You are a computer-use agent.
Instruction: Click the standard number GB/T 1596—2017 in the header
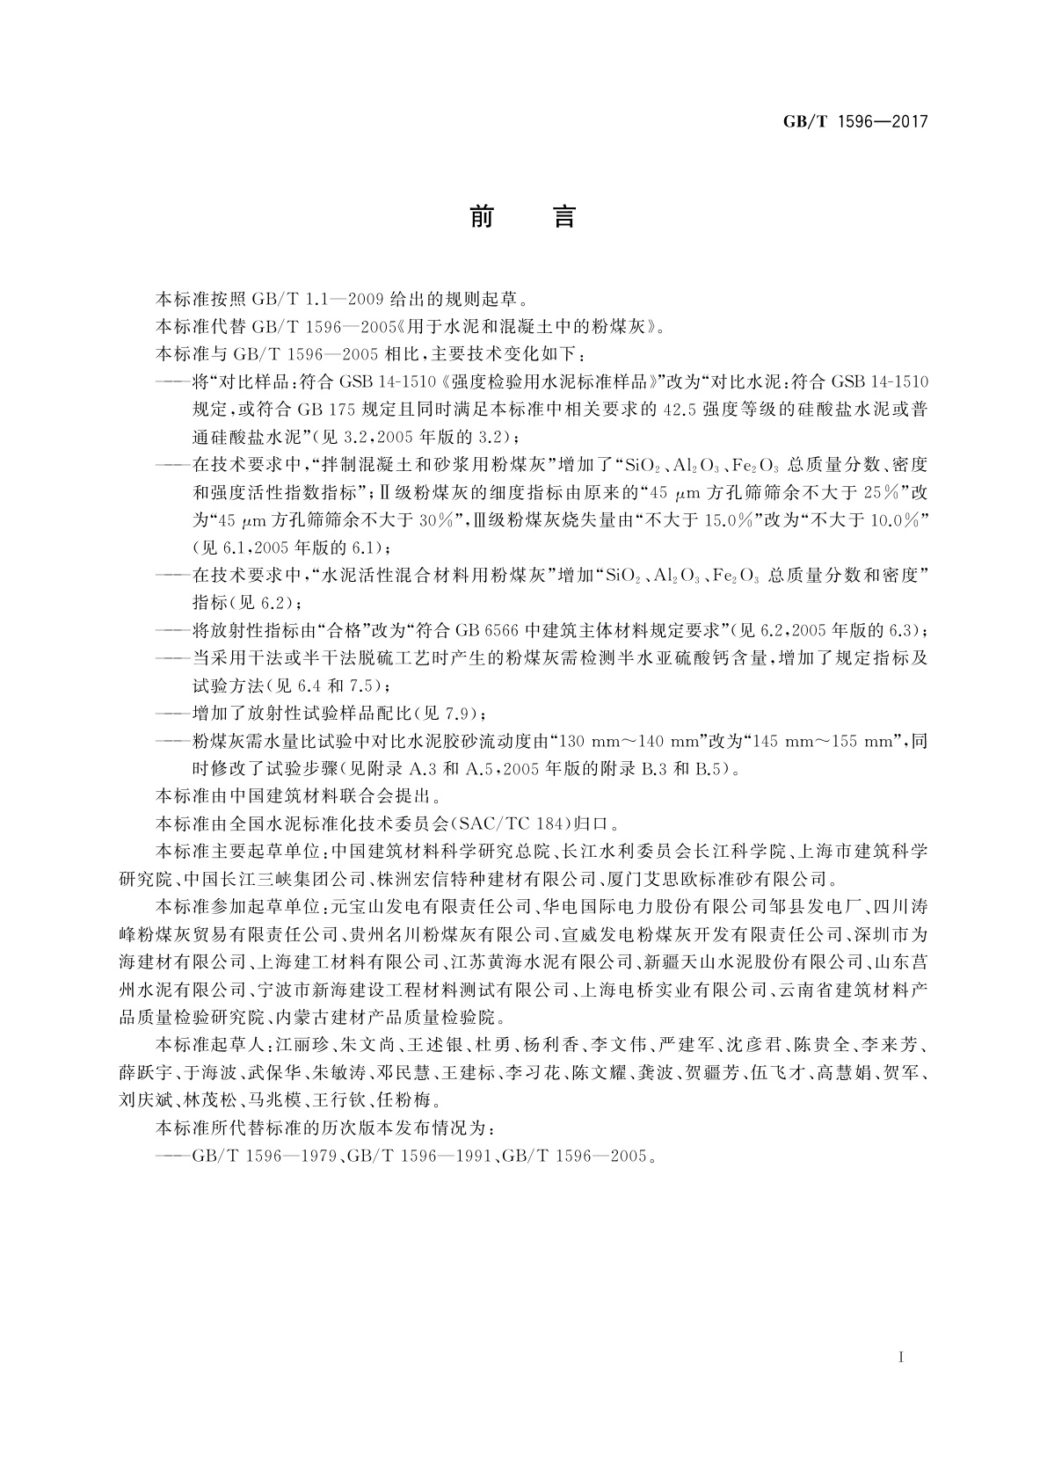[x=854, y=121]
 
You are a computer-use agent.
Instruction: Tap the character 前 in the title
[x=481, y=216]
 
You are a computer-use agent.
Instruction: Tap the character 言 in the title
[x=563, y=216]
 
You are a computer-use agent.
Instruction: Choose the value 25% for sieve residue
[x=883, y=492]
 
